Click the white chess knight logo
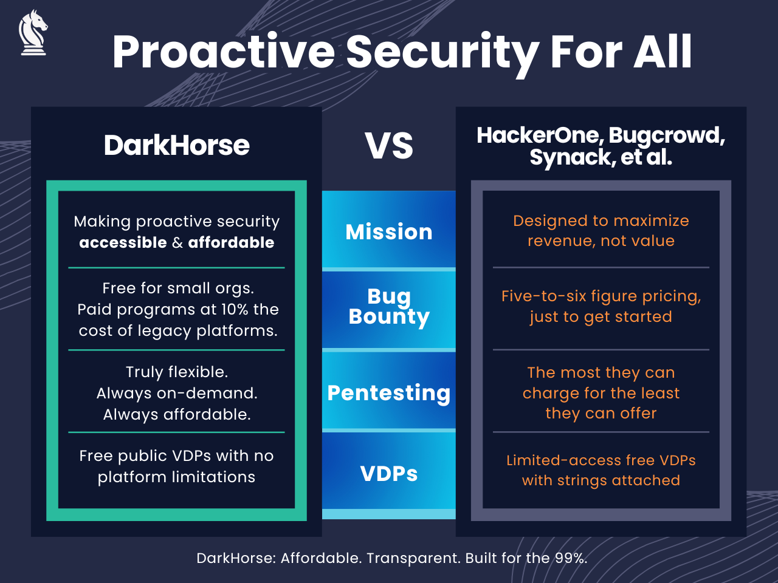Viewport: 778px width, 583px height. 33,33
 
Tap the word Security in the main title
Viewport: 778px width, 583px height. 442,52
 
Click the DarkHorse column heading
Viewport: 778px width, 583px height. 176,145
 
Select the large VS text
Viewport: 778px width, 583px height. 389,146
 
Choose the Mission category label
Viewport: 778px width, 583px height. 389,232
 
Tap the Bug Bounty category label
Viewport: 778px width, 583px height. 389,307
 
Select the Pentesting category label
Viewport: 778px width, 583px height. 389,393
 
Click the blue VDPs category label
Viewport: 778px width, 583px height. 389,474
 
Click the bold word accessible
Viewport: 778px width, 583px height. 123,243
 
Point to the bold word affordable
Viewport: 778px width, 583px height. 231,243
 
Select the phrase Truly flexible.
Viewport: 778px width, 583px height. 177,372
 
